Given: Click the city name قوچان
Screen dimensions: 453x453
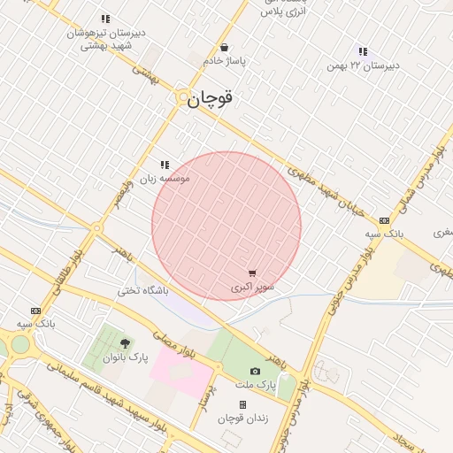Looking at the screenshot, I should (x=210, y=100).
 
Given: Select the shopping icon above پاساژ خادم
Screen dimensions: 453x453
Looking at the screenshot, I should (x=225, y=48).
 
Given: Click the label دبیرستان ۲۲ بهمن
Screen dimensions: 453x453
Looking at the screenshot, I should (x=363, y=65).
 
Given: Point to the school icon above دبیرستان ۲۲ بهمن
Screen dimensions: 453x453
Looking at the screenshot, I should (x=363, y=51).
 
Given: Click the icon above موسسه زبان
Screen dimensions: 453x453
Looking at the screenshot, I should (x=165, y=165).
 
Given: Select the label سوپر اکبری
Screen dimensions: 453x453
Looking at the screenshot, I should (x=253, y=288).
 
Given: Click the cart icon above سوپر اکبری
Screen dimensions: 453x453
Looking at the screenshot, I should (x=253, y=274).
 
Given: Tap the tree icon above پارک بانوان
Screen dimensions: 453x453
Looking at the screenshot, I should (x=123, y=343).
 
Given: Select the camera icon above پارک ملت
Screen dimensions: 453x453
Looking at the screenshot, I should (x=256, y=372).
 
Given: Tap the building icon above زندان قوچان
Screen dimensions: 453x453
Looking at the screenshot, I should (x=242, y=404).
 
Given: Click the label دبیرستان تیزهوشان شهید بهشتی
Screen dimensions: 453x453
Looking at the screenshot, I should (x=108, y=39).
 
